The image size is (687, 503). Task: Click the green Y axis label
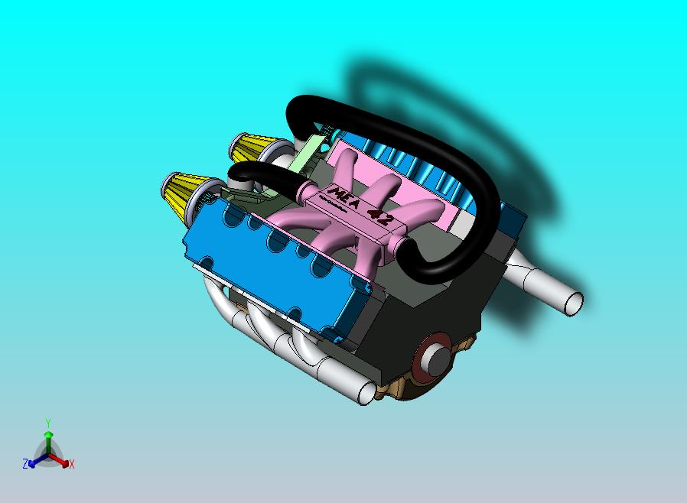pos(48,423)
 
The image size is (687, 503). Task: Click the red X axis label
pos(71,464)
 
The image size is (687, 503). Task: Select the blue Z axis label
pos(25,464)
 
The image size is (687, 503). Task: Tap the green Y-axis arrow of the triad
pos(48,439)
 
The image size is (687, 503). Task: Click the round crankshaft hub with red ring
pos(435,355)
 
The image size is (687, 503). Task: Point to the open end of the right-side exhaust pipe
pos(572,303)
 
